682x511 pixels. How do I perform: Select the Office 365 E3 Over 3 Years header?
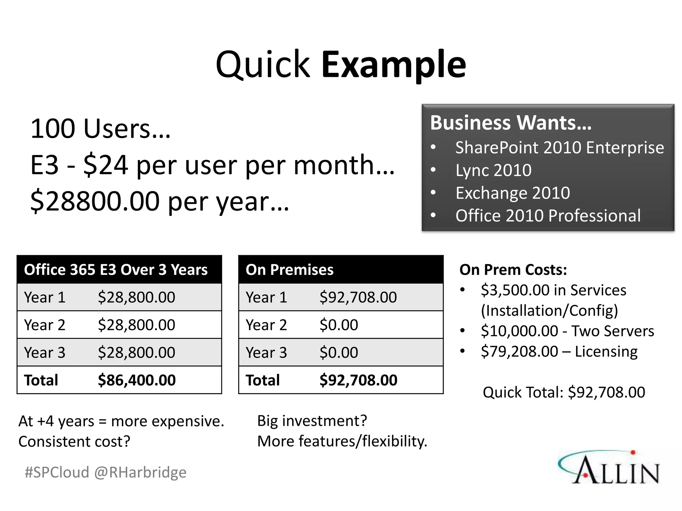coord(116,269)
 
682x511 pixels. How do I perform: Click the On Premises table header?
coord(289,269)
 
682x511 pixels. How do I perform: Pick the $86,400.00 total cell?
coord(137,380)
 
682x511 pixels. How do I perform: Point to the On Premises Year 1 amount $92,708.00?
coord(358,297)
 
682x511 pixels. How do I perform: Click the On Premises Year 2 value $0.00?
coord(339,325)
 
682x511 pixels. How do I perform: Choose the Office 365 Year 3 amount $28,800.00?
coord(137,352)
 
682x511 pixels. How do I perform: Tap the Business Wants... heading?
coord(511,122)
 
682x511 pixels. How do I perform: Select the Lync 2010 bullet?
coord(493,170)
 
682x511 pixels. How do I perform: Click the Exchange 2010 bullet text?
coord(512,193)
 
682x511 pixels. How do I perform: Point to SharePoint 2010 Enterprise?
coord(559,147)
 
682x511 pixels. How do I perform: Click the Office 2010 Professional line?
coord(548,216)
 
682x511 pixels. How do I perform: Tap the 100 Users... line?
coord(100,129)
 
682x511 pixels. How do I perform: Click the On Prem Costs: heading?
coord(513,269)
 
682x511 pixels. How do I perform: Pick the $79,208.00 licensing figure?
coord(519,351)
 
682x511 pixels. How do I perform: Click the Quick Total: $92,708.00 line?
coord(564,392)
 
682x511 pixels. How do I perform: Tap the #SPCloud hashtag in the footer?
coord(57,472)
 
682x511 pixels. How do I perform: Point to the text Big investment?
coord(312,421)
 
